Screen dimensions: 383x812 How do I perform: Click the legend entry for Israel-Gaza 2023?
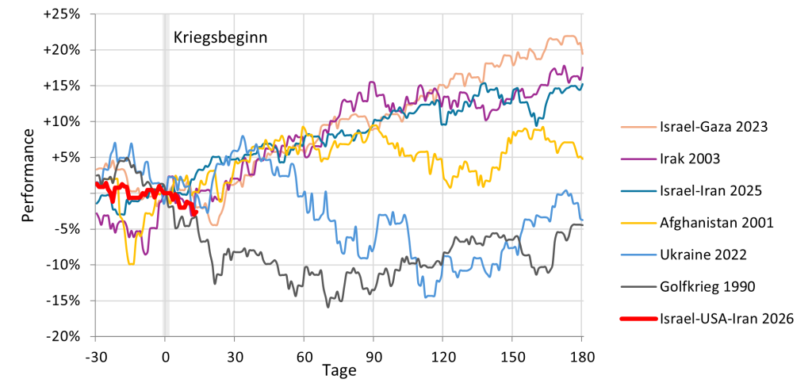coord(714,126)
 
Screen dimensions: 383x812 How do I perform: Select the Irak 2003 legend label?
coord(690,158)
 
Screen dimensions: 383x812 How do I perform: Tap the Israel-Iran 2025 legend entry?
coord(710,190)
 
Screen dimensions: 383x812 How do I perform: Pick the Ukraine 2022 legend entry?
coord(703,255)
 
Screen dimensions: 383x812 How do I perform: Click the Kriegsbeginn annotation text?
coord(220,36)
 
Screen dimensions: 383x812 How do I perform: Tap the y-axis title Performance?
coord(29,174)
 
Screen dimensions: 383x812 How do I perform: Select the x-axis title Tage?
coord(339,370)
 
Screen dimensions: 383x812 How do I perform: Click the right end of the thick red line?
coord(195,212)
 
